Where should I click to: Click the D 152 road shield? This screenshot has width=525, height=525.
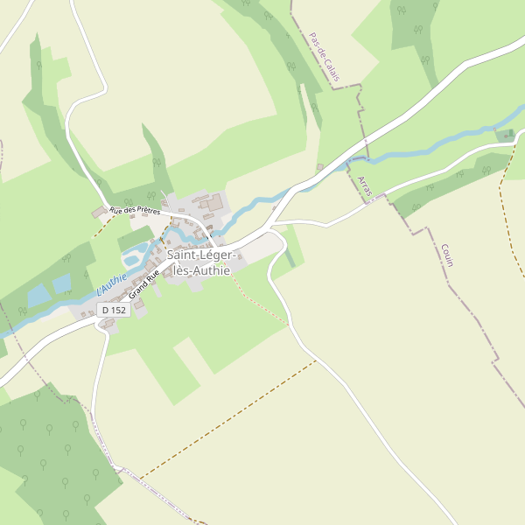coord(114,310)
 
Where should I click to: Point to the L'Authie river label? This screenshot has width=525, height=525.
coord(111,283)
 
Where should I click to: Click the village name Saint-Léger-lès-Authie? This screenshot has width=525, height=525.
coord(199,262)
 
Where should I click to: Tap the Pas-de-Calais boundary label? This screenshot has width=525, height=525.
coord(324,59)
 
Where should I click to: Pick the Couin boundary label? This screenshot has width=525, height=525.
coord(447,255)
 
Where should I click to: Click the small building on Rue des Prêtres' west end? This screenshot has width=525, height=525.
coord(99,213)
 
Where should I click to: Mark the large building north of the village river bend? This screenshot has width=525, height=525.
coord(213,204)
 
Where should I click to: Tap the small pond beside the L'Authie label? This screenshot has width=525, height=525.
coord(61,283)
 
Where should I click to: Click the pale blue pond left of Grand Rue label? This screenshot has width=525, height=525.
coord(132,259)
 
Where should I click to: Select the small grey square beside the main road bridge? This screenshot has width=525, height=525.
coord(320,166)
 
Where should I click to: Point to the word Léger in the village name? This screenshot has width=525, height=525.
coord(217,255)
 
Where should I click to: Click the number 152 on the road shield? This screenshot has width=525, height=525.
coord(118,310)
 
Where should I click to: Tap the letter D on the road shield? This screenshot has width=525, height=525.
coord(105,310)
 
